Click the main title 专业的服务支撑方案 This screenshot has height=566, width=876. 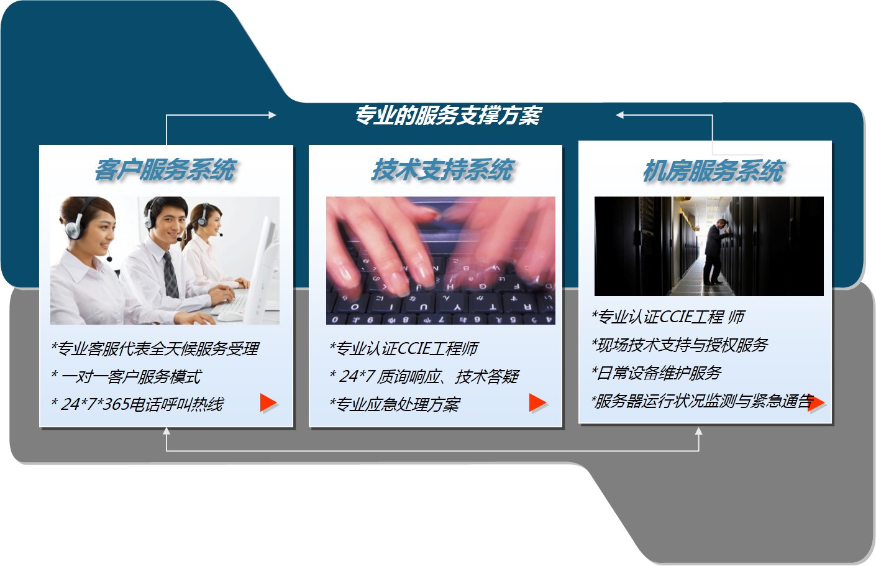pyautogui.click(x=448, y=116)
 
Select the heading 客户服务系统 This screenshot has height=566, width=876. pyautogui.click(x=165, y=170)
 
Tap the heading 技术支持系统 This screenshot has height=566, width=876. pyautogui.click(x=442, y=170)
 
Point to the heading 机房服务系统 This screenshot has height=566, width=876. pyautogui.click(x=714, y=171)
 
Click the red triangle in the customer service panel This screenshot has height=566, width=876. pyautogui.click(x=268, y=403)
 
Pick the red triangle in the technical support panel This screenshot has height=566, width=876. pyautogui.click(x=538, y=403)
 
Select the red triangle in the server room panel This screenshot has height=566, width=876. pyautogui.click(x=816, y=403)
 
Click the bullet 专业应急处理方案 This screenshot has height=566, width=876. pyautogui.click(x=395, y=404)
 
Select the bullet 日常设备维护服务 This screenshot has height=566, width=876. pyautogui.click(x=657, y=373)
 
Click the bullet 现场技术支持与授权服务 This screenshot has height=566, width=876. pyautogui.click(x=680, y=345)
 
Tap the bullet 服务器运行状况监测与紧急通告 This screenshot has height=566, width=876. pyautogui.click(x=703, y=401)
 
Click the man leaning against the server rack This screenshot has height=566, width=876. pyautogui.click(x=714, y=252)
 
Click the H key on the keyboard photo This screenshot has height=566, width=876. pyautogui.click(x=450, y=287)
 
